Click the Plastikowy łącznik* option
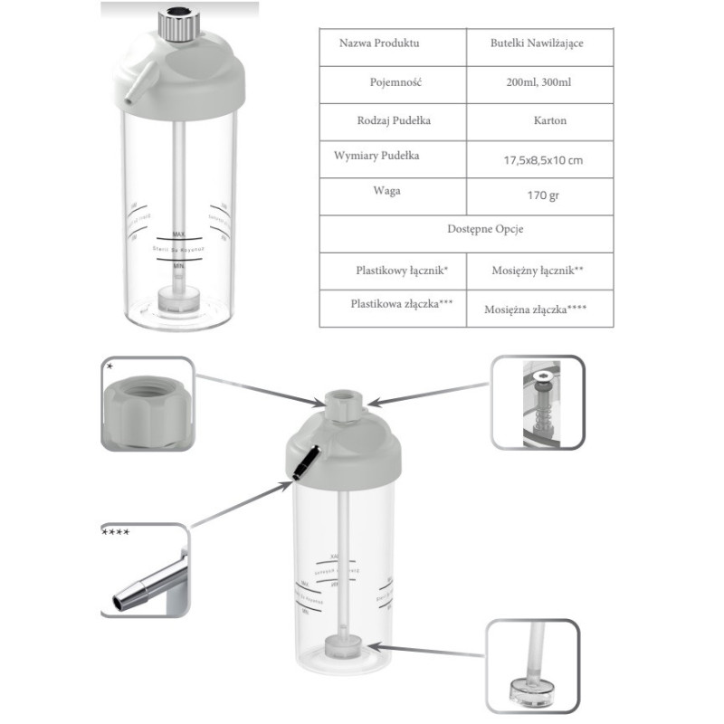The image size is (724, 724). click(392, 269)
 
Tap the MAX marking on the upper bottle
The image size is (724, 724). click(178, 234)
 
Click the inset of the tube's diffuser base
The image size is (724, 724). click(534, 665)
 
